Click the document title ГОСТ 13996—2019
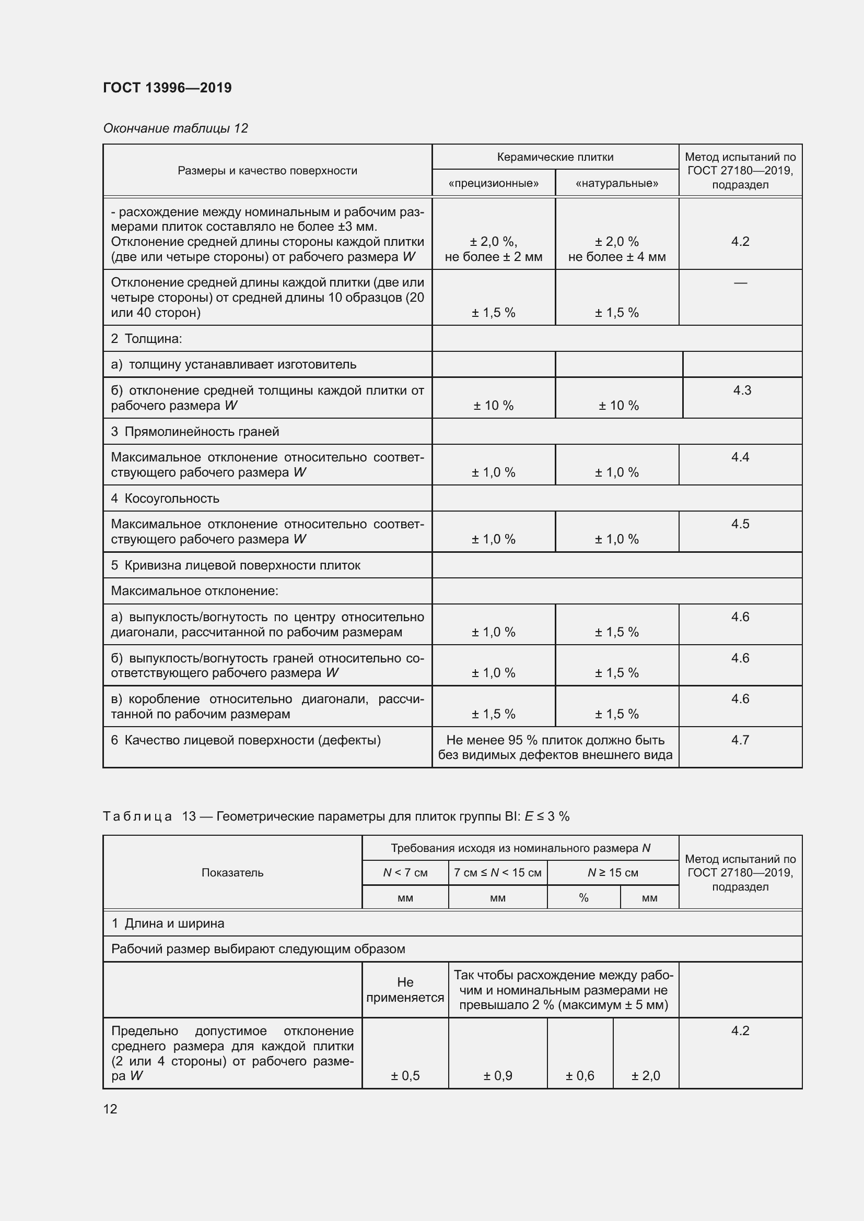coord(167,88)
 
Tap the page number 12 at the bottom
coord(110,1109)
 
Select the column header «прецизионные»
coord(493,183)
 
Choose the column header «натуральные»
coord(616,183)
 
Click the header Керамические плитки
coord(555,157)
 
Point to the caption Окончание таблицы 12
coord(176,128)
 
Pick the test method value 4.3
coord(742,390)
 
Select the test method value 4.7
coord(740,740)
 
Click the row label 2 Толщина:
coord(146,339)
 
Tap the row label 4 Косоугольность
coord(165,499)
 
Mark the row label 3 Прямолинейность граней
coord(195,431)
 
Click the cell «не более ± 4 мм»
coord(616,257)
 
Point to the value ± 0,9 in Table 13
coord(497,1076)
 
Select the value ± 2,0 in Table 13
coord(645,1076)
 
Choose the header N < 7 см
coord(405,873)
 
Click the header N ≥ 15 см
coord(612,873)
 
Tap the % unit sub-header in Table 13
coord(583,898)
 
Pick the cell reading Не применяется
coord(405,990)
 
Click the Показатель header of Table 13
coord(232,873)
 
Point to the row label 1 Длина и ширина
coord(168,923)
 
